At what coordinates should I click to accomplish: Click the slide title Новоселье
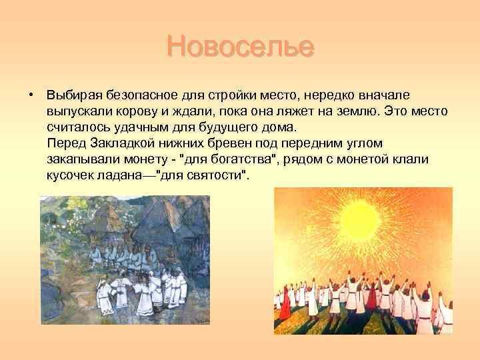[x=240, y=46]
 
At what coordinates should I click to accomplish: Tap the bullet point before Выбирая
[x=30, y=95]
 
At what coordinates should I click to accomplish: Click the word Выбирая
[x=74, y=95]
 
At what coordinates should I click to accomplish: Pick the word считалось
[x=78, y=127]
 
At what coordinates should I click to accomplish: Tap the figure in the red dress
[x=285, y=303]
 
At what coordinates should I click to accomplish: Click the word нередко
[x=329, y=95]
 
